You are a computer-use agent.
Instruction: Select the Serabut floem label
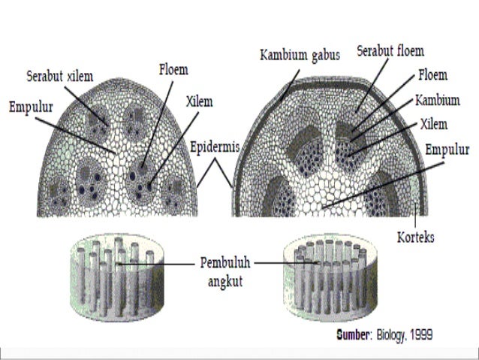point(390,52)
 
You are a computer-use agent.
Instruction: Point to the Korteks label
point(415,237)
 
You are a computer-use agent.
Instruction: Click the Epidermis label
point(215,147)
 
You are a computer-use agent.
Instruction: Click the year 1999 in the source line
point(420,334)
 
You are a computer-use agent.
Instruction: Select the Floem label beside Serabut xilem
point(173,70)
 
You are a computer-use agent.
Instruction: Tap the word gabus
point(327,56)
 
